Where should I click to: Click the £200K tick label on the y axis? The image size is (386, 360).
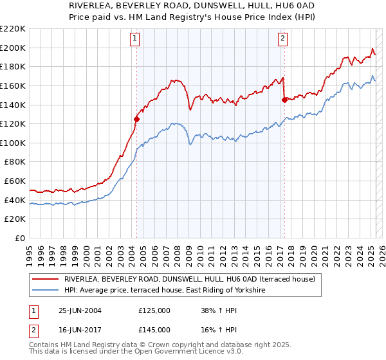click(x=14, y=48)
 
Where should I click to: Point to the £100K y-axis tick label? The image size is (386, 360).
click(x=14, y=143)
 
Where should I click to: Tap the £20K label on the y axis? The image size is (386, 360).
click(x=15, y=219)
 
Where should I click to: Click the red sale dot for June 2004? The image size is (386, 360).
click(x=136, y=119)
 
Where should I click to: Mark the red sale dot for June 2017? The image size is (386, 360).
click(x=284, y=100)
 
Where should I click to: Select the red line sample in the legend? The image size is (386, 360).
click(x=45, y=280)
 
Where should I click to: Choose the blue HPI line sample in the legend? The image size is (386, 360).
click(x=45, y=291)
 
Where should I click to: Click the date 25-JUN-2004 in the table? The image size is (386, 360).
click(x=80, y=310)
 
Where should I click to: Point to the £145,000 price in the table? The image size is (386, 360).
click(x=154, y=330)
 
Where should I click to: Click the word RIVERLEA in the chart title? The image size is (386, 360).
click(x=93, y=5)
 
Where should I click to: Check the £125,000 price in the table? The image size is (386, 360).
click(x=154, y=310)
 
